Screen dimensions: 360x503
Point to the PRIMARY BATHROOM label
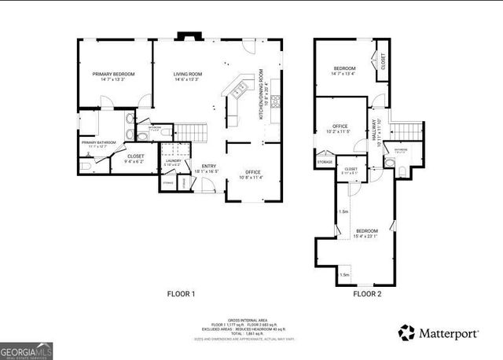coord(98,142)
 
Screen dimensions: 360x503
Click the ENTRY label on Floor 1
coord(208,166)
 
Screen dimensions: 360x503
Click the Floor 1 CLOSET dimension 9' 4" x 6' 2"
coord(135,162)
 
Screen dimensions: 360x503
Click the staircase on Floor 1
coord(189,132)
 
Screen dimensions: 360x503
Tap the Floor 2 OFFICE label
coord(340,126)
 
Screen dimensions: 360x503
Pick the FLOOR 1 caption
coord(181,294)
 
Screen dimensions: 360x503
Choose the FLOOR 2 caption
coord(366,294)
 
